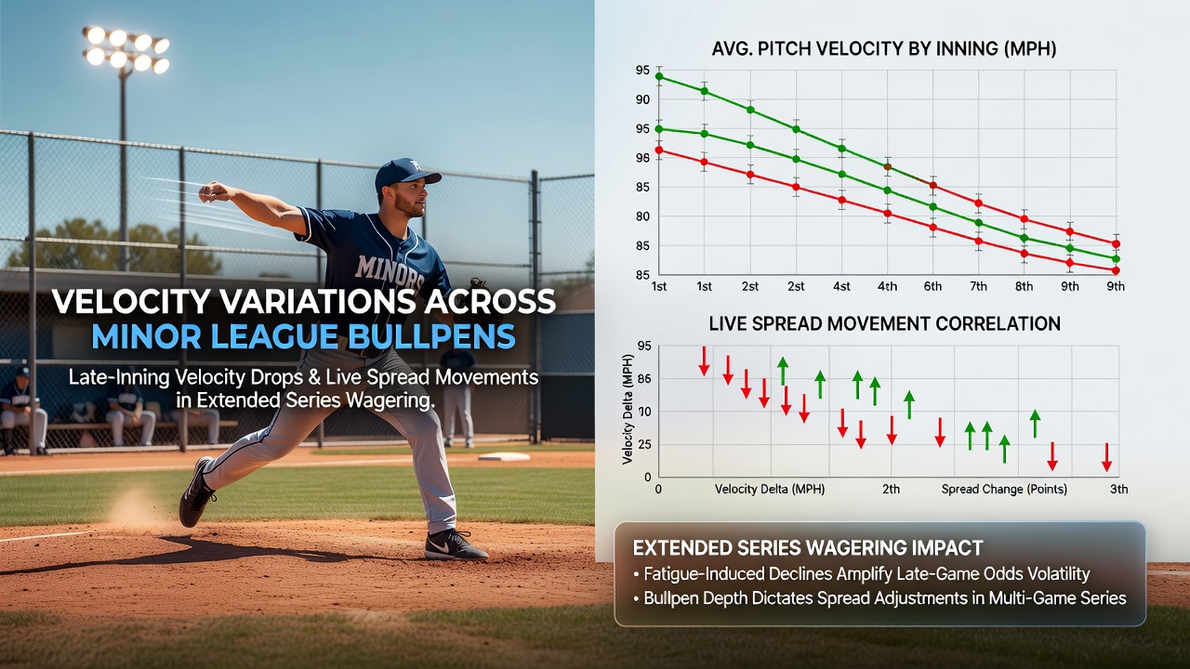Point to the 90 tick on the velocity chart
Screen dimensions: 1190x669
click(642, 99)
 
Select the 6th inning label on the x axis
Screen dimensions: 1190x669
click(932, 287)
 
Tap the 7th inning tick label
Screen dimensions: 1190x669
click(979, 287)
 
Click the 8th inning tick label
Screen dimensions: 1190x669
click(1025, 287)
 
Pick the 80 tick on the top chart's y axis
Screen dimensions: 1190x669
click(642, 216)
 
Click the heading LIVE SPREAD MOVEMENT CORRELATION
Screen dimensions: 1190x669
click(884, 324)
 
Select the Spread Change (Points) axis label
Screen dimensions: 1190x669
click(1004, 489)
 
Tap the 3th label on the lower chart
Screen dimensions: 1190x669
click(1118, 489)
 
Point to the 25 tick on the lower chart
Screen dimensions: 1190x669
click(644, 444)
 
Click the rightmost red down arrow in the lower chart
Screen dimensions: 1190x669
click(1106, 457)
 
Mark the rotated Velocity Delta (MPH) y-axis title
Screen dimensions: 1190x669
click(628, 410)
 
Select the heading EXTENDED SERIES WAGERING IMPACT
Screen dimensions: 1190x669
click(808, 548)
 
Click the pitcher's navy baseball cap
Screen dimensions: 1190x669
click(406, 173)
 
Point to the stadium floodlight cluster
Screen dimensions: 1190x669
click(126, 50)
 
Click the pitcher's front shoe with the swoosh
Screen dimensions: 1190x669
click(456, 545)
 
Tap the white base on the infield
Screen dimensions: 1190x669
click(504, 456)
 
